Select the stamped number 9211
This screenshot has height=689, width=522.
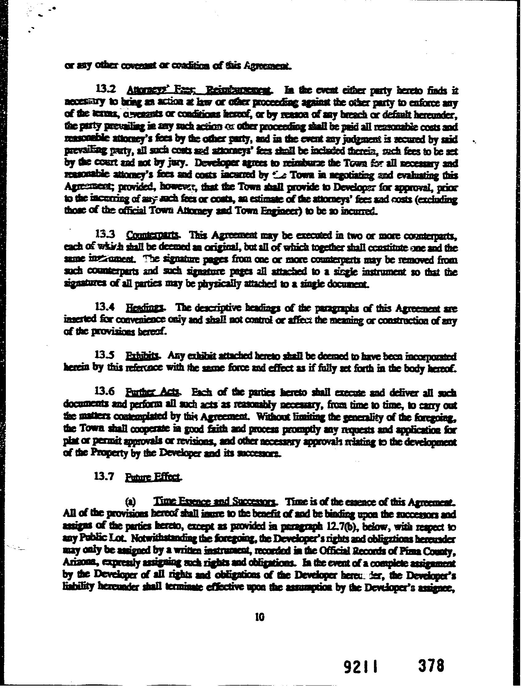359,655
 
